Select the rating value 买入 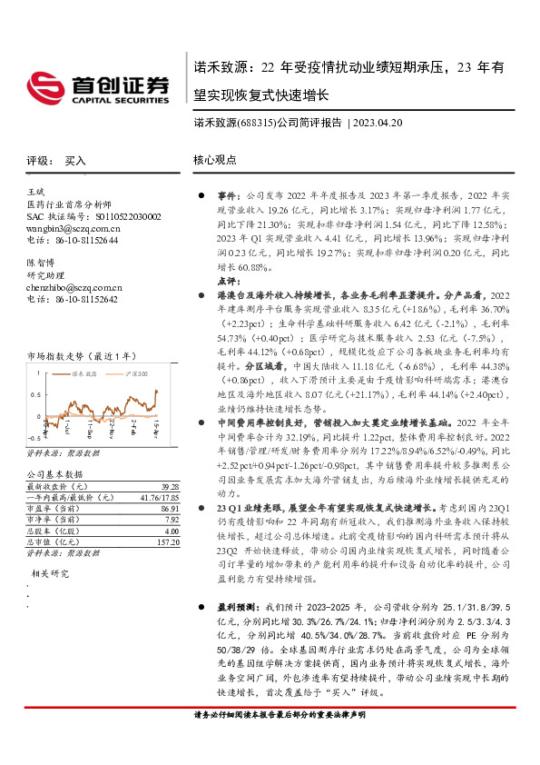point(75,160)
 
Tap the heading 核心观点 point(214,160)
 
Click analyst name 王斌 point(35,194)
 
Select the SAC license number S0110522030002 point(122,217)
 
